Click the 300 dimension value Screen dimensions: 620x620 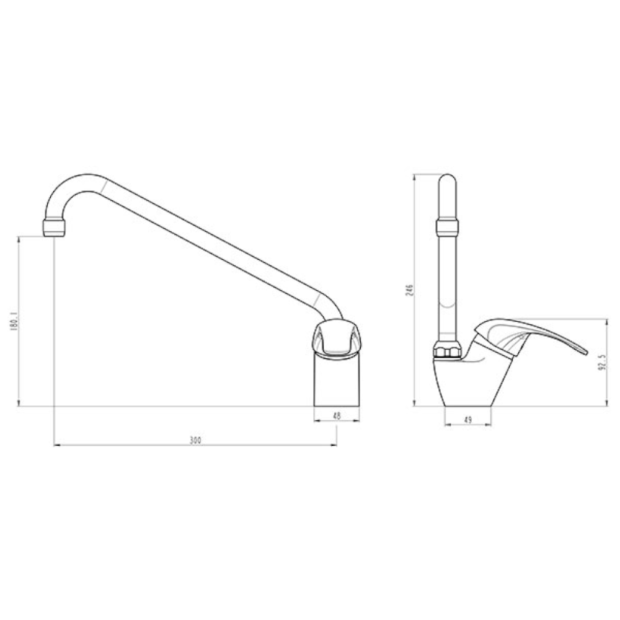tap(195, 440)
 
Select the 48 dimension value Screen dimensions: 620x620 tap(337, 415)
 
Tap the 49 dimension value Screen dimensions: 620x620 tap(468, 420)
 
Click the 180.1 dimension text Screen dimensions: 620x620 tap(15, 321)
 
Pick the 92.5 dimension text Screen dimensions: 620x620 tap(602, 362)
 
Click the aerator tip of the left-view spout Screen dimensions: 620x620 tap(54, 228)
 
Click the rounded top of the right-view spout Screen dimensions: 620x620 tap(447, 180)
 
